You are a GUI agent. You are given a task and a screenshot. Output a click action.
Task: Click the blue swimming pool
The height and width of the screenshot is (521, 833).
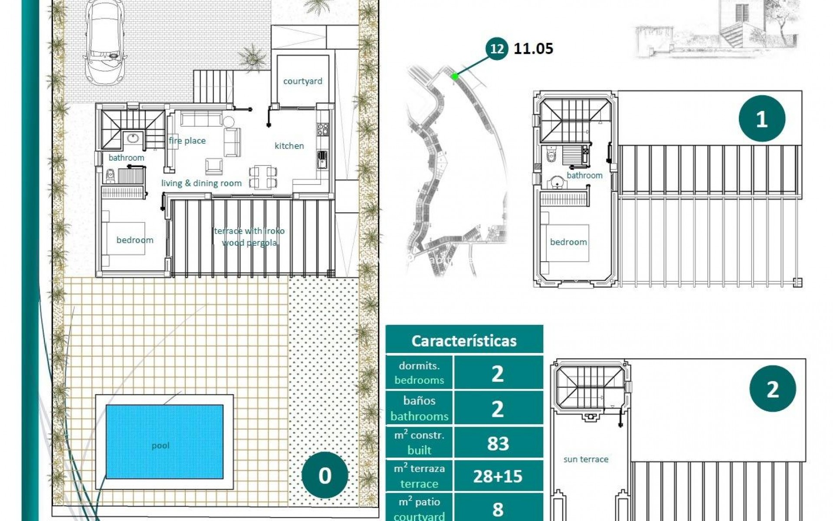[x=164, y=442]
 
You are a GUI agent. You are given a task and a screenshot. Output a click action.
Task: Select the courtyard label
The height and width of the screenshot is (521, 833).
[x=302, y=81]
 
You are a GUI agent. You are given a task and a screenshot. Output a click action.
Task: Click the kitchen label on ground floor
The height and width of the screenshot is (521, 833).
[x=289, y=146]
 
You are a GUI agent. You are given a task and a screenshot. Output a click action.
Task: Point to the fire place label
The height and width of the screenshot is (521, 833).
[x=187, y=141]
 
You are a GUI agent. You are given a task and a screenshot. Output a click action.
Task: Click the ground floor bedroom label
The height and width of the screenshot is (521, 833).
[x=134, y=240]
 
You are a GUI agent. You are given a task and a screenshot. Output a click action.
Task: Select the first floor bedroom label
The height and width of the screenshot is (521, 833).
[x=568, y=242]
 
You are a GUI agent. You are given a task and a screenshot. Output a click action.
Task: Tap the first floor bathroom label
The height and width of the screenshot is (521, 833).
[x=584, y=175]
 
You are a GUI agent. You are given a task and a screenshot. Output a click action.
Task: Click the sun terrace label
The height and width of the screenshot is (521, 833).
[x=585, y=459]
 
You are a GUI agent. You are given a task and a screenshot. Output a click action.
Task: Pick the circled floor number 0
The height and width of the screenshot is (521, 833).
[x=325, y=475]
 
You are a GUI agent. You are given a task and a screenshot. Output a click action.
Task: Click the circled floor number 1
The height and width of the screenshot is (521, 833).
[x=761, y=119]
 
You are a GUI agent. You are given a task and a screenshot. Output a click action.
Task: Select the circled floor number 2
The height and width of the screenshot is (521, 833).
[x=772, y=389]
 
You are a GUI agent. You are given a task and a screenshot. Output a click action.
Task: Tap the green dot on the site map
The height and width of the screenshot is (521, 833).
[x=455, y=76]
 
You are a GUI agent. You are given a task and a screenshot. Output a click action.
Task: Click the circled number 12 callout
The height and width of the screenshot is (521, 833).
[x=497, y=49]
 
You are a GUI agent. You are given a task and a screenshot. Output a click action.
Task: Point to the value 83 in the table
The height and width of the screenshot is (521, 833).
[x=498, y=443]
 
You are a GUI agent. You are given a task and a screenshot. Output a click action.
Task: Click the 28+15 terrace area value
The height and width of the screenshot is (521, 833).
[x=498, y=476]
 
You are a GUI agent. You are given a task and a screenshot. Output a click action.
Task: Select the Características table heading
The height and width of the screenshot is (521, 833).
[x=464, y=341]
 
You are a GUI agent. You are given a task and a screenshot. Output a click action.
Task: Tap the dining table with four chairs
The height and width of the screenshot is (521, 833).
[x=263, y=177]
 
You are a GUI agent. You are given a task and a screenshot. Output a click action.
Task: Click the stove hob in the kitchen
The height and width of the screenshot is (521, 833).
[x=323, y=129]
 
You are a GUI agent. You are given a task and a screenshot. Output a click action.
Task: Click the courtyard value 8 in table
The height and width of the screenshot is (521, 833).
[x=498, y=509]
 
